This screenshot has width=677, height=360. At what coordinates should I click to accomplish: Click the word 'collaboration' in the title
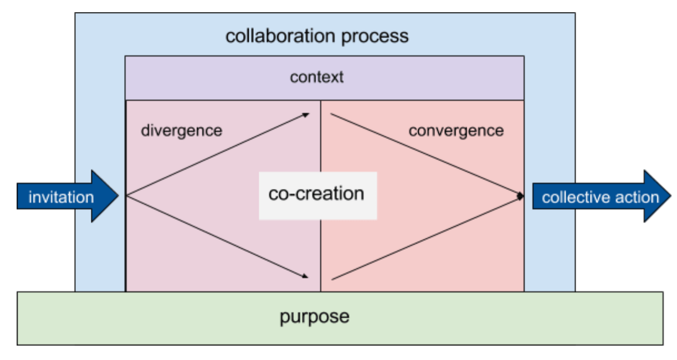pyautogui.click(x=280, y=36)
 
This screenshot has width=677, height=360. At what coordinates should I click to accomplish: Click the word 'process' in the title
pyautogui.click(x=375, y=38)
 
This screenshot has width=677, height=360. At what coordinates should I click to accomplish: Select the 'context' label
pyautogui.click(x=317, y=77)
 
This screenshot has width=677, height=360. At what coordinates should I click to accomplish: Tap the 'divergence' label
pyautogui.click(x=181, y=131)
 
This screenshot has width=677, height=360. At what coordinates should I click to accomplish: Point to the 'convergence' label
pyautogui.click(x=456, y=131)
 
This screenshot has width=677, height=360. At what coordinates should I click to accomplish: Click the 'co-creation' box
pyautogui.click(x=317, y=196)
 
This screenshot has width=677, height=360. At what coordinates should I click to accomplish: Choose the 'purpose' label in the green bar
pyautogui.click(x=315, y=317)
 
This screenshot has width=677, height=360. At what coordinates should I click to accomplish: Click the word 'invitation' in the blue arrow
pyautogui.click(x=61, y=197)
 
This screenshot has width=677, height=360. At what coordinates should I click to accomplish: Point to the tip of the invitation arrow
pyautogui.click(x=118, y=196)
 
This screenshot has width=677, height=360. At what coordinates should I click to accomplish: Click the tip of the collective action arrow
pyautogui.click(x=671, y=196)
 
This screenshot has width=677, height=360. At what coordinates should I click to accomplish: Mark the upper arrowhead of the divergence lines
pyautogui.click(x=306, y=115)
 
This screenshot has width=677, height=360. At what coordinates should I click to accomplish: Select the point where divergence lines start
pyautogui.click(x=127, y=196)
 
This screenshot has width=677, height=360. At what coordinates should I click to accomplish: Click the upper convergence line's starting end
pyautogui.click(x=331, y=114)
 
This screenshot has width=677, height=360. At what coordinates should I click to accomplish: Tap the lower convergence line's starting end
pyautogui.click(x=332, y=279)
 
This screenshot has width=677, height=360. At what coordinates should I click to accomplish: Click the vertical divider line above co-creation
pyautogui.click(x=321, y=136)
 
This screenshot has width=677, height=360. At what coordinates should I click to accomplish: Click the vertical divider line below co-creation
pyautogui.click(x=321, y=255)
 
